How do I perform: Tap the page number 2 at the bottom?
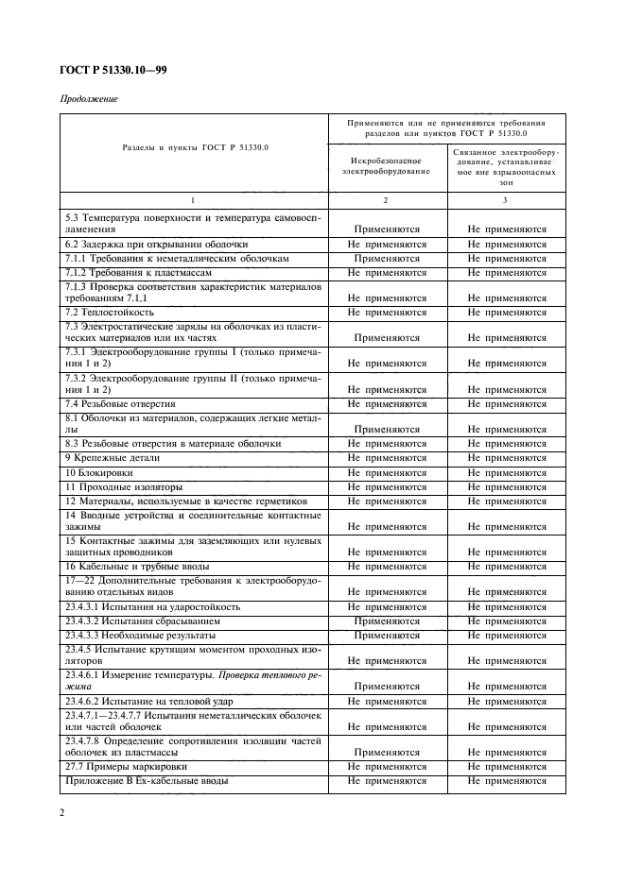pyautogui.click(x=61, y=812)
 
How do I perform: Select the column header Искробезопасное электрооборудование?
pyautogui.click(x=387, y=166)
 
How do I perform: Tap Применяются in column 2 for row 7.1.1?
pyautogui.click(x=387, y=258)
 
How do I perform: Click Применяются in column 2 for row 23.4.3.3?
pyautogui.click(x=387, y=636)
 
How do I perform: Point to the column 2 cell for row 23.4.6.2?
pyautogui.click(x=387, y=701)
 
